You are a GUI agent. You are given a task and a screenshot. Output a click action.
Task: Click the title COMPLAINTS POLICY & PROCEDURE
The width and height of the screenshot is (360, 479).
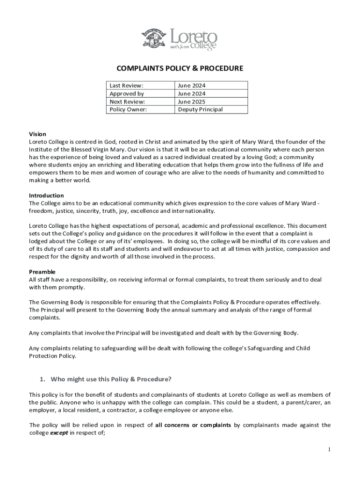coord(180,69)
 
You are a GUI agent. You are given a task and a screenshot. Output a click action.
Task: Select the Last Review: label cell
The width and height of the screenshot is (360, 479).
coord(126,86)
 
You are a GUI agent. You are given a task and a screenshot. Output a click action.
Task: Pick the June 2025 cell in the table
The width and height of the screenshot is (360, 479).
coord(192,102)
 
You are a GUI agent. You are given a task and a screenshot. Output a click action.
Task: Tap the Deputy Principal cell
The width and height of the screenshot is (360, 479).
coord(200,109)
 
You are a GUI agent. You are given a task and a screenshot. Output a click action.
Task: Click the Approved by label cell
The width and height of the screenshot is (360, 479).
coord(127,94)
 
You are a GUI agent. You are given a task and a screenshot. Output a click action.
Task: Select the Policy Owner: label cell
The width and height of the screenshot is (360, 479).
coord(128,109)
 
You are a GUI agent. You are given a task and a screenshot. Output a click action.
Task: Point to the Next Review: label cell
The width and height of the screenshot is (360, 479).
coord(127,102)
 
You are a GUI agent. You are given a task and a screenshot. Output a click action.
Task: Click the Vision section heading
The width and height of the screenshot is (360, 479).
coord(37,134)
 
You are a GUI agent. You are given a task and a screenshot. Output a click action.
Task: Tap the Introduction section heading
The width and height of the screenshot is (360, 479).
coord(46,196)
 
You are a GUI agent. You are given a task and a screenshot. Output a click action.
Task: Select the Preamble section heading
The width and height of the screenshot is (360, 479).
coord(42,272)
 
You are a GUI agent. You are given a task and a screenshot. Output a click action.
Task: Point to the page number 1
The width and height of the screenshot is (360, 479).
coord(329,450)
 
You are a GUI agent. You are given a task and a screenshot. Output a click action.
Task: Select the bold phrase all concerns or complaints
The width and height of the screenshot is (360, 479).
coord(193,425)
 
